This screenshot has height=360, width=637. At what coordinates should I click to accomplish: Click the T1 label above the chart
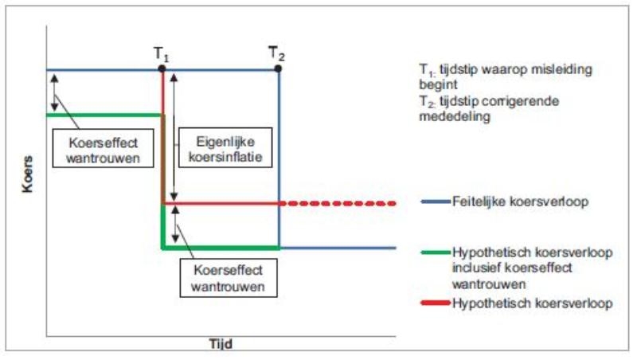coord(162,56)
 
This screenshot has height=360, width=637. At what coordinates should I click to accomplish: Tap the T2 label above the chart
coord(276,55)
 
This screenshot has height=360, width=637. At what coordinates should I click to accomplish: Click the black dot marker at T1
coord(162,69)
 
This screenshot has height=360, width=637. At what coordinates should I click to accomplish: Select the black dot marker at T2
coord(278,69)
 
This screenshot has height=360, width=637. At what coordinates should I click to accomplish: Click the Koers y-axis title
coord(27,179)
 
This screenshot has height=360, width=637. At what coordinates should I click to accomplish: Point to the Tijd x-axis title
coord(219,344)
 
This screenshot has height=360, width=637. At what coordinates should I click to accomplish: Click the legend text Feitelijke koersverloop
coord(520,202)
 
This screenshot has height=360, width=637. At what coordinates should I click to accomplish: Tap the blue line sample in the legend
coord(435,202)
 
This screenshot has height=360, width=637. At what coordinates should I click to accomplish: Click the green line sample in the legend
coord(435,253)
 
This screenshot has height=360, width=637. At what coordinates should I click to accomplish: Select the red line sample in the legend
coord(435,303)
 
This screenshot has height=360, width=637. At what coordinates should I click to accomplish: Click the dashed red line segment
coord(338,204)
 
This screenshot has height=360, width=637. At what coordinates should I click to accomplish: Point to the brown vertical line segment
coord(163,159)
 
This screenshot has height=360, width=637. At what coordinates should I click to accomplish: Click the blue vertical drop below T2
coord(279,159)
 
